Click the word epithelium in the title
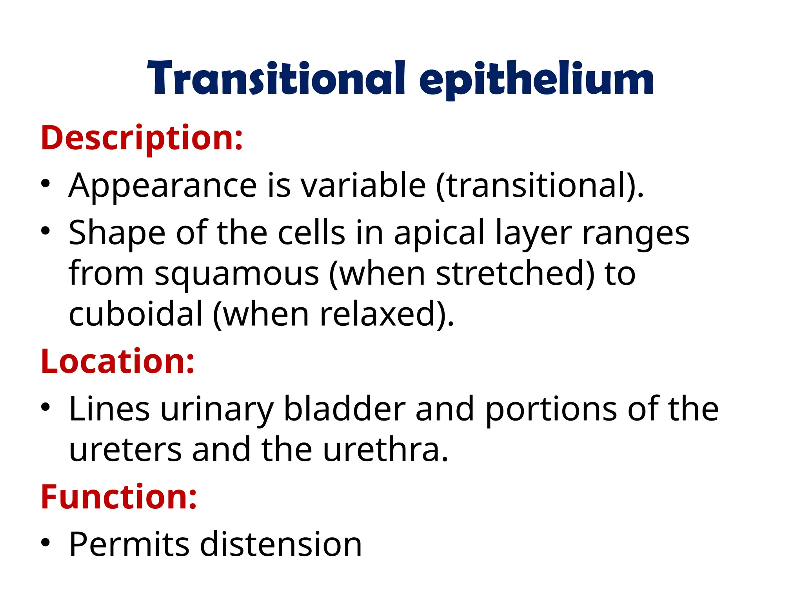tap(536, 80)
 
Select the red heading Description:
tap(142, 138)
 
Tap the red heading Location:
tap(118, 361)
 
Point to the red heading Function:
tap(119, 497)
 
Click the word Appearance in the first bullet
tap(162, 185)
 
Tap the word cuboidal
tap(136, 314)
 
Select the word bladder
tap(344, 410)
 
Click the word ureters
tap(125, 450)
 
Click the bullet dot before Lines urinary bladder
tap(46, 408)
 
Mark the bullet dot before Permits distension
tap(46, 543)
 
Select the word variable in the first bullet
tap(363, 185)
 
